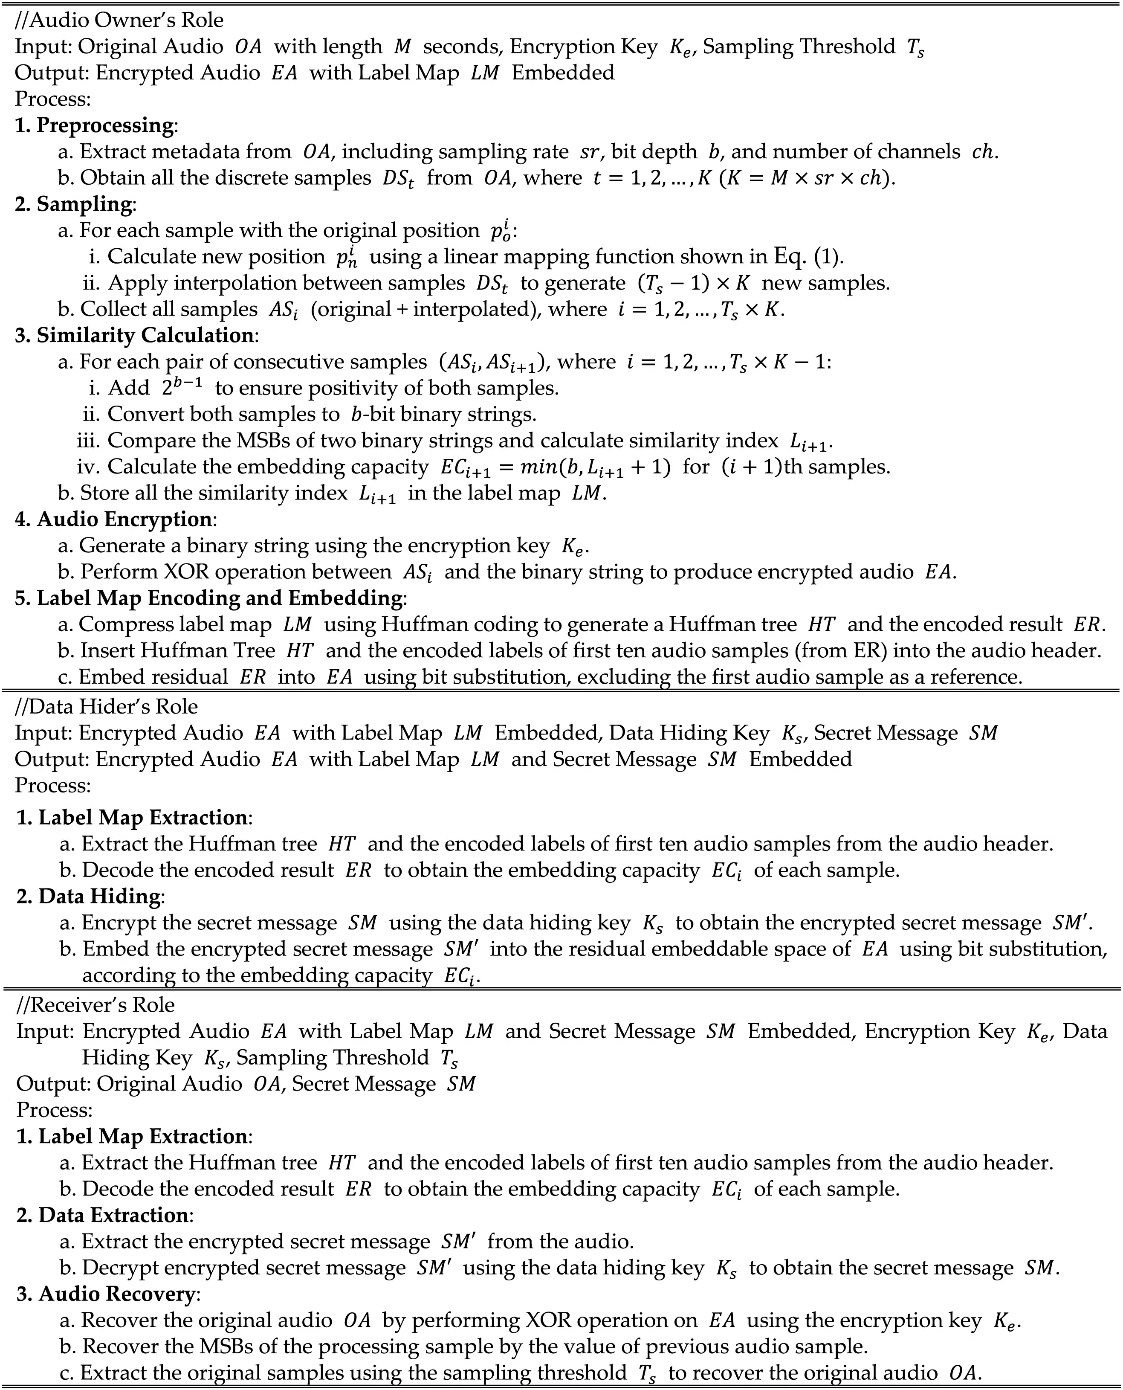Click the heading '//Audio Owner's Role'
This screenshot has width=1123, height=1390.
click(119, 20)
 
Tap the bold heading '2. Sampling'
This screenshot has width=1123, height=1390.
click(74, 204)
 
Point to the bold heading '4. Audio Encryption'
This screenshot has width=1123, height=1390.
click(114, 519)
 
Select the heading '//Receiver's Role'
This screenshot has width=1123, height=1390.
click(96, 1004)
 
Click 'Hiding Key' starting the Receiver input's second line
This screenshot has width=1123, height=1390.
click(136, 1057)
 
